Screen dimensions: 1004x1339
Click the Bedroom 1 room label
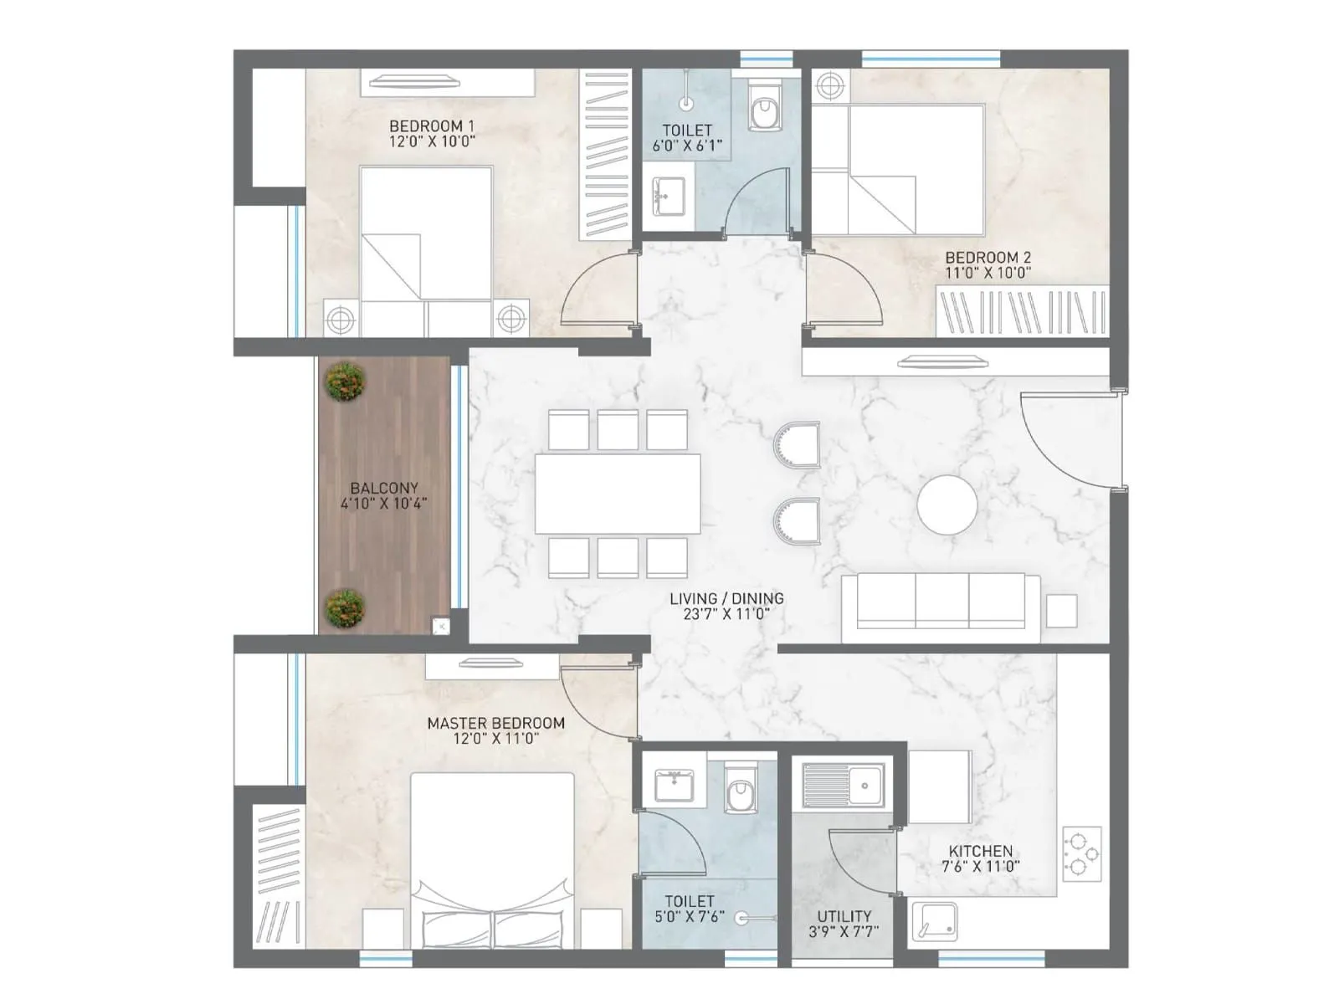pyautogui.click(x=431, y=126)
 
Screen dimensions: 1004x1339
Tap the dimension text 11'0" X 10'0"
pyautogui.click(x=988, y=273)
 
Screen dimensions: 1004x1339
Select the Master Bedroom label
pyautogui.click(x=495, y=723)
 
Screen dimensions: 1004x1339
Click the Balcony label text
pyautogui.click(x=384, y=488)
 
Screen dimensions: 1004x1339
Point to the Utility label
pyautogui.click(x=844, y=916)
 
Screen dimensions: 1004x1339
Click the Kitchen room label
pyautogui.click(x=980, y=851)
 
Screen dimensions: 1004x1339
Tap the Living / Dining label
pyautogui.click(x=726, y=599)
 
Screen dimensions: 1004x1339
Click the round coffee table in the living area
pyautogui.click(x=947, y=505)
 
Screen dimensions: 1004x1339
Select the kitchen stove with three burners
pyautogui.click(x=1081, y=853)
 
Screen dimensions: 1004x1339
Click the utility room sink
pyautogui.click(x=843, y=785)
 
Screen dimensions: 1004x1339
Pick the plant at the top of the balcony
pyautogui.click(x=345, y=382)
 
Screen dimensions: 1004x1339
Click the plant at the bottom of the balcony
pyautogui.click(x=345, y=608)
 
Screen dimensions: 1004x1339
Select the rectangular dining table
pyautogui.click(x=618, y=494)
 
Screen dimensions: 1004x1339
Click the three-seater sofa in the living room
pyautogui.click(x=941, y=602)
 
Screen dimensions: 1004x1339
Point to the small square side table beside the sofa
pyautogui.click(x=1061, y=612)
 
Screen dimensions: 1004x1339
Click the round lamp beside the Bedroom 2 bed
pyautogui.click(x=829, y=85)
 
